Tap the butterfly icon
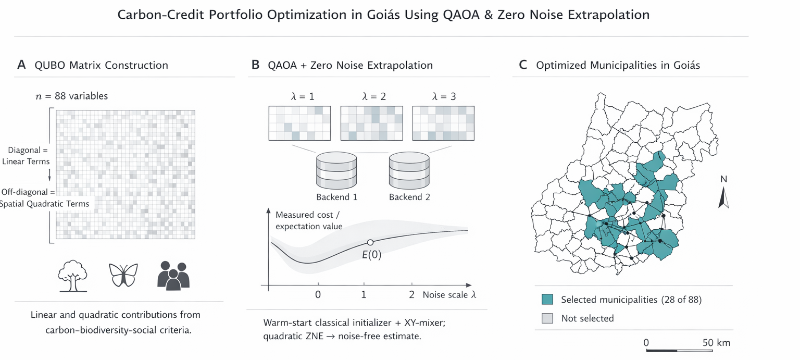pyautogui.click(x=123, y=275)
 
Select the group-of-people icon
pyautogui.click(x=173, y=275)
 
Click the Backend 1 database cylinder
pyautogui.click(x=336, y=171)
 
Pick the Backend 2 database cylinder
pyautogui.click(x=409, y=171)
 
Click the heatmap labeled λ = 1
pyautogui.click(x=299, y=123)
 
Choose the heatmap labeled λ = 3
pyautogui.click(x=443, y=123)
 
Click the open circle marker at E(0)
pyautogui.click(x=370, y=242)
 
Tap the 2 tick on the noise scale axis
pyautogui.click(x=411, y=294)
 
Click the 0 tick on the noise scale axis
pyautogui.click(x=318, y=294)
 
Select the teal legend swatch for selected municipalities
pyautogui.click(x=547, y=300)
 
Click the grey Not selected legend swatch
pyautogui.click(x=547, y=318)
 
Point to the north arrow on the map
pyautogui.click(x=723, y=198)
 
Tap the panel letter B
pyautogui.click(x=255, y=65)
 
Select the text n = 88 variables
pyautogui.click(x=71, y=96)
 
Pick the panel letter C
pyautogui.click(x=523, y=65)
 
